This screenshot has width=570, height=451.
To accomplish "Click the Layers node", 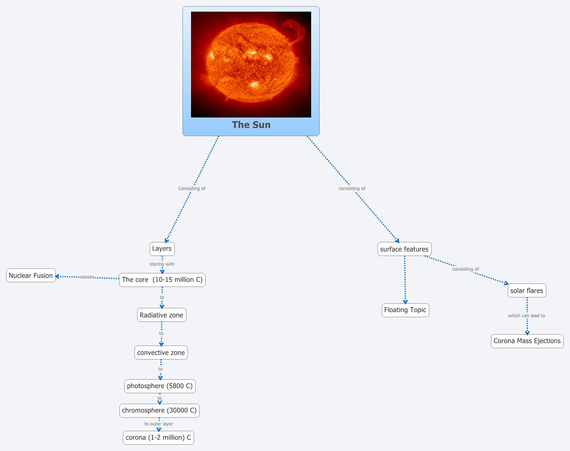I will click(x=162, y=249).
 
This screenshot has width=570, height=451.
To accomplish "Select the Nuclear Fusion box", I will click(x=31, y=276).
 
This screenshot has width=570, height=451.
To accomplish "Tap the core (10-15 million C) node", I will click(x=162, y=280).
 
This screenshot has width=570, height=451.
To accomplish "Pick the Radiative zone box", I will click(x=162, y=315).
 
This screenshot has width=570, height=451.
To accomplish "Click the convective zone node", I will click(x=161, y=353).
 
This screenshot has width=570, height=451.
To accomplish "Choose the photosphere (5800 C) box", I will click(x=160, y=386).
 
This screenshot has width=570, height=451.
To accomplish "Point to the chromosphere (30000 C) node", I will click(x=159, y=411).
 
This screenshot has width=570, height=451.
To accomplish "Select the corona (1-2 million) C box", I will click(x=158, y=438).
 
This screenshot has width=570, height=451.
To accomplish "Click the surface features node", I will click(x=404, y=249).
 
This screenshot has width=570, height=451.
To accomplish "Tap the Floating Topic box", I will click(x=405, y=310).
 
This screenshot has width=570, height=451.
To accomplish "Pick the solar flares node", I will click(x=527, y=291).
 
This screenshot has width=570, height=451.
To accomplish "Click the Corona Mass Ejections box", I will click(x=527, y=341).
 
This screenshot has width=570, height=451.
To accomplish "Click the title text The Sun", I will click(x=251, y=125).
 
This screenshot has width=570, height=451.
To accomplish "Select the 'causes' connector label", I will click(x=87, y=277).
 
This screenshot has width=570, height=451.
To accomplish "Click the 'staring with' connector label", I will click(x=162, y=264).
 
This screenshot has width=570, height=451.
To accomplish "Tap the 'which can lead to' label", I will click(x=527, y=316).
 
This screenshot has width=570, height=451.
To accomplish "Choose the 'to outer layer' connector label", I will click(x=158, y=424).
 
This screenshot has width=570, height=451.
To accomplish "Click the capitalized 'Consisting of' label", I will click(x=192, y=188).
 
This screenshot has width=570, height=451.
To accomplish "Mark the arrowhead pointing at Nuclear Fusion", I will click(x=57, y=276).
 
